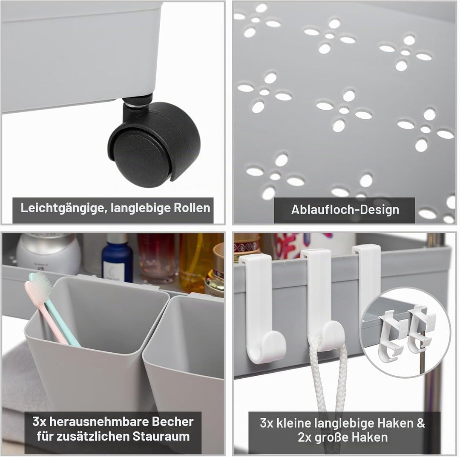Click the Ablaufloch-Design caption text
coord(345,210)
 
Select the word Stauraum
coord(161,437)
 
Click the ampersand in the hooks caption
coord(421,423)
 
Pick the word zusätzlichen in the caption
coord(94,437)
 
